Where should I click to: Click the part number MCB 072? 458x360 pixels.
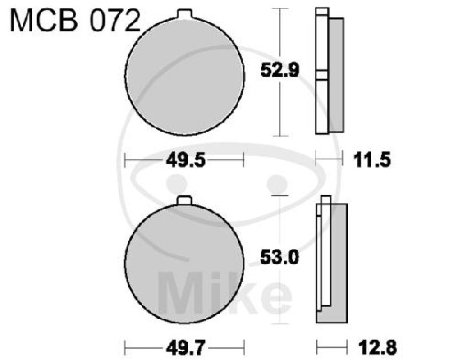click(74, 21)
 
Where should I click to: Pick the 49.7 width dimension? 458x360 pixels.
click(184, 347)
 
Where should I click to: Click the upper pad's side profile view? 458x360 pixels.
click(330, 72)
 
